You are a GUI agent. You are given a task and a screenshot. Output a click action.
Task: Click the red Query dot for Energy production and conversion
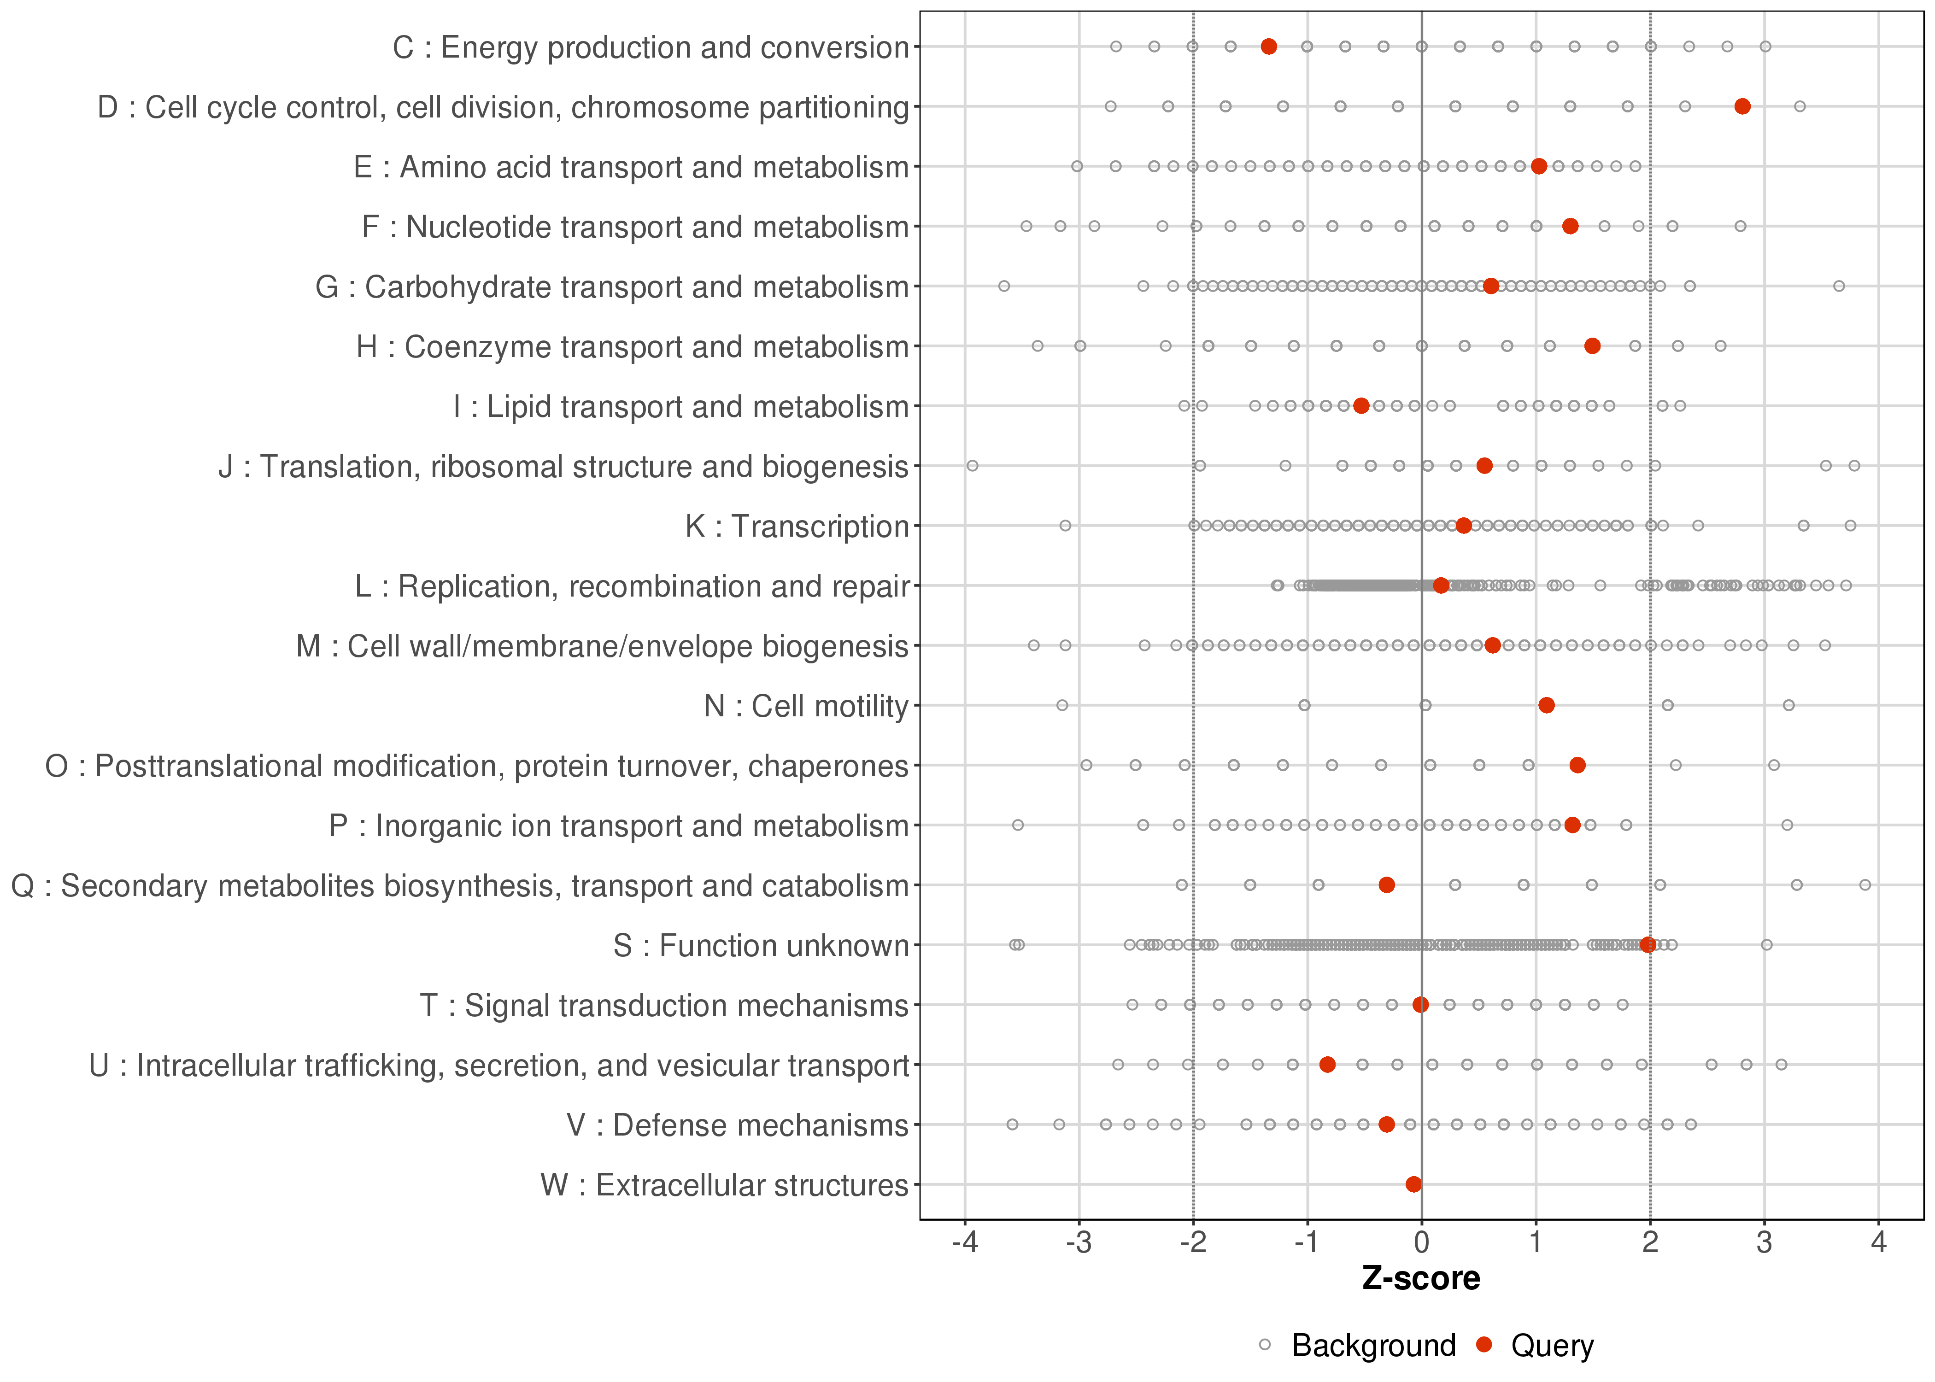[1268, 47]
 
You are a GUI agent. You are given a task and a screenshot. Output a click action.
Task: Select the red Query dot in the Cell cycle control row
[1742, 106]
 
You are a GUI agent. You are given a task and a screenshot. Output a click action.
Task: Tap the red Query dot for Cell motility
[1546, 705]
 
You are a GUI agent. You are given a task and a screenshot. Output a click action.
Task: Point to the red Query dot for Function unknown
[1648, 944]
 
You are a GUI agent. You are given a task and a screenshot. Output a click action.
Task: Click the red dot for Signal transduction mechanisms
[1420, 1005]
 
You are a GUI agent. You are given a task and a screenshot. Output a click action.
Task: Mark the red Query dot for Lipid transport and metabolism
[1360, 406]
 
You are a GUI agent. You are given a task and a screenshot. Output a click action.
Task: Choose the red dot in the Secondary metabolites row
[1386, 885]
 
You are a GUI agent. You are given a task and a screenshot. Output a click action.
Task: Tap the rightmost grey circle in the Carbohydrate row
[1839, 286]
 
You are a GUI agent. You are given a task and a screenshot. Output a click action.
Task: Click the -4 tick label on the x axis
[964, 1243]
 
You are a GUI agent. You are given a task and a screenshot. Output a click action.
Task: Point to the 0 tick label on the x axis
[1421, 1243]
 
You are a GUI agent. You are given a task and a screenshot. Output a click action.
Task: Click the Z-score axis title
[1421, 1279]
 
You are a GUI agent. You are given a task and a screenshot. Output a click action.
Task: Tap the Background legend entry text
[1373, 1346]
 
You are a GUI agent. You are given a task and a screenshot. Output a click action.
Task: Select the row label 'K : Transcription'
[797, 527]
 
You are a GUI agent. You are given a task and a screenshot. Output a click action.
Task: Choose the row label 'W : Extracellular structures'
[724, 1185]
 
